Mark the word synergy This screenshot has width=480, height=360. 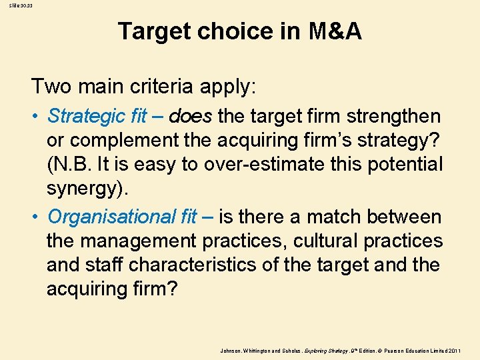[x=85, y=188]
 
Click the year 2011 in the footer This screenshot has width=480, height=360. [x=465, y=350]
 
